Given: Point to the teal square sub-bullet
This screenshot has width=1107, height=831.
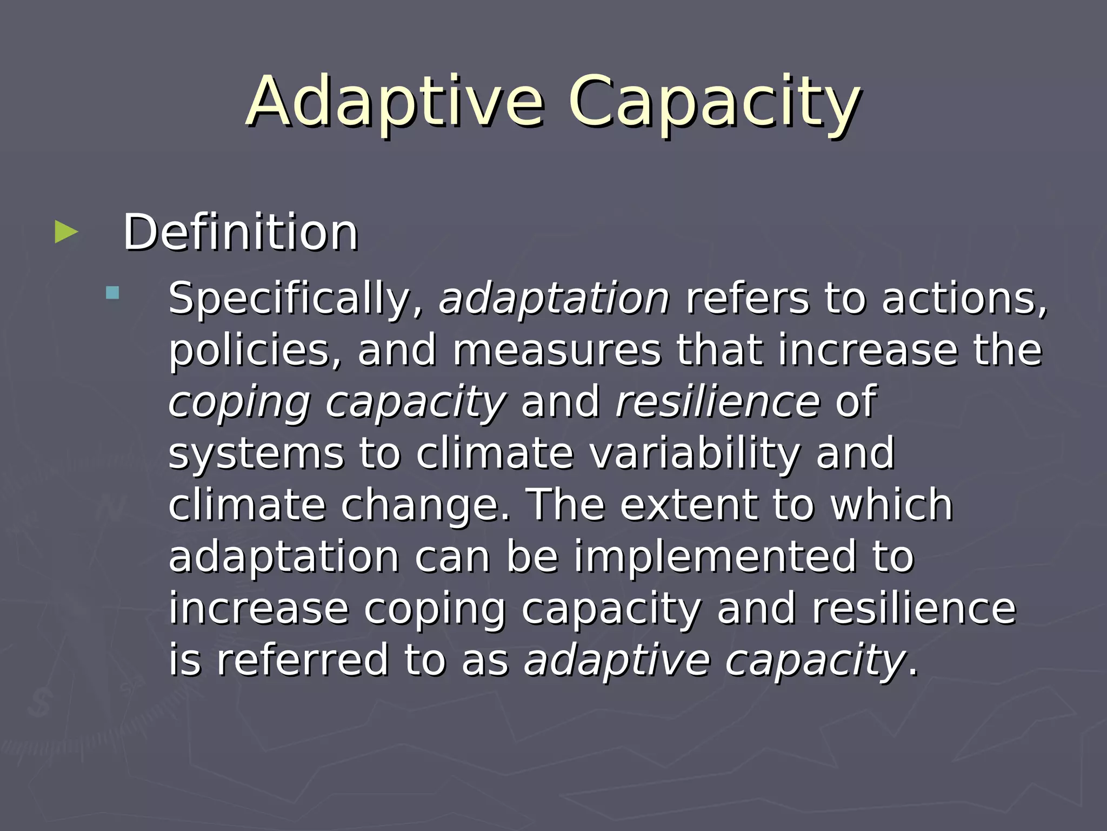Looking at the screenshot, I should (112, 293).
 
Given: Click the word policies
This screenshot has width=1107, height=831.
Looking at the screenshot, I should (255, 350).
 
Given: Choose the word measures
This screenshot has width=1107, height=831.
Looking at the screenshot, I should (557, 350).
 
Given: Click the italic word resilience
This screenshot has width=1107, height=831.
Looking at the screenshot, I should (718, 402).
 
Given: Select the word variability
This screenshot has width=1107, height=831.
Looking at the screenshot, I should (695, 453).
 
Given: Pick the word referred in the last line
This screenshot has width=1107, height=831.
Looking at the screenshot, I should (303, 659).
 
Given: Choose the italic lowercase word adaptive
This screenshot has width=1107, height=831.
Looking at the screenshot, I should (617, 659).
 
